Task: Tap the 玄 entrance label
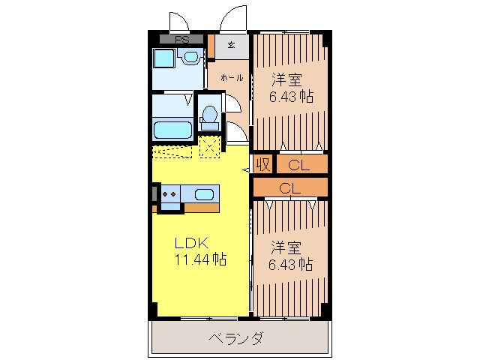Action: (231, 45)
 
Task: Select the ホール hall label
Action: (230, 76)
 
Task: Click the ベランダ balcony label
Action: (235, 338)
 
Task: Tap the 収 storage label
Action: (262, 163)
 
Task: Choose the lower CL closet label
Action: (290, 188)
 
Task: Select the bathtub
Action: (173, 130)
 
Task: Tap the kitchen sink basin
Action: (204, 194)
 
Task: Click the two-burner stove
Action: (169, 194)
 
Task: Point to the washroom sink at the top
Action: (191, 57)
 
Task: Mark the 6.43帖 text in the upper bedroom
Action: (291, 97)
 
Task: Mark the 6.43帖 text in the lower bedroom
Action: (291, 265)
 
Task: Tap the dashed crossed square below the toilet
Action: (210, 145)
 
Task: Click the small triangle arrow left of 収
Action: (246, 170)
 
